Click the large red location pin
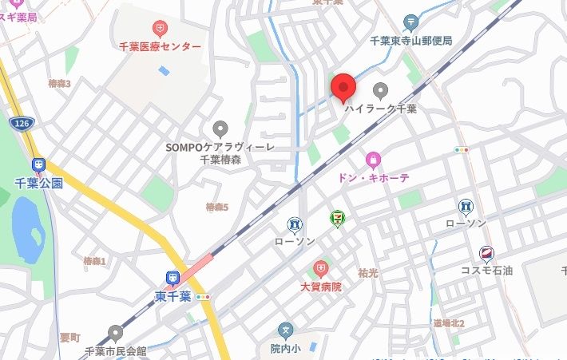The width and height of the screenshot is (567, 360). pyautogui.click(x=343, y=87)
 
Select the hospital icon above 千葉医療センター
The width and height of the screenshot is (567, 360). pyautogui.click(x=161, y=30)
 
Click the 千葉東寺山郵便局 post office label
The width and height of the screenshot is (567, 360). pyautogui.click(x=411, y=40)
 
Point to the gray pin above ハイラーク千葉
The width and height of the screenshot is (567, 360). pyautogui.click(x=381, y=89)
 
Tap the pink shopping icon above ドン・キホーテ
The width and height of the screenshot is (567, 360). pyautogui.click(x=373, y=160)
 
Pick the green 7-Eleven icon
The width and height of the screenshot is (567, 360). pyautogui.click(x=339, y=217)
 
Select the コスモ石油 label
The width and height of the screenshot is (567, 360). pyautogui.click(x=486, y=271)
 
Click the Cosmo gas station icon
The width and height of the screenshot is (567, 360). pyautogui.click(x=486, y=255)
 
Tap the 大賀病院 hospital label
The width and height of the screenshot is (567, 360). pyautogui.click(x=320, y=286)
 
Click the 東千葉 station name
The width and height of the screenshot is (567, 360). pyautogui.click(x=172, y=297)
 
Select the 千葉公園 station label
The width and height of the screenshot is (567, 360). pyautogui.click(x=38, y=183)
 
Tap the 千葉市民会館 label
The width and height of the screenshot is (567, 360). pyautogui.click(x=116, y=350)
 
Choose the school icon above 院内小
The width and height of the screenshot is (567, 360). pyautogui.click(x=285, y=330)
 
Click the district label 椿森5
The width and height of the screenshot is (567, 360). pyautogui.click(x=216, y=208)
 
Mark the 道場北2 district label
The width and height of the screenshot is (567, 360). pyautogui.click(x=449, y=323)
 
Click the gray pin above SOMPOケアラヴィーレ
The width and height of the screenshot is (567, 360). pyautogui.click(x=220, y=129)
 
